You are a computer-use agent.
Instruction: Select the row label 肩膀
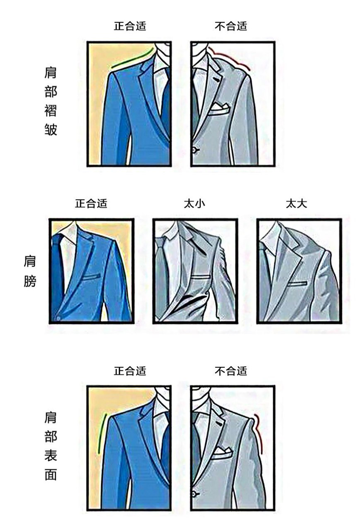(x=30, y=271)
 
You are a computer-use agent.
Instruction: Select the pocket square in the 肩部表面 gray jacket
(x=220, y=452)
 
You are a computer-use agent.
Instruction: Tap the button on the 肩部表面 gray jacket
(x=195, y=495)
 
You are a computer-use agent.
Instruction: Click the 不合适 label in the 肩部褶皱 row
(x=231, y=25)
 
